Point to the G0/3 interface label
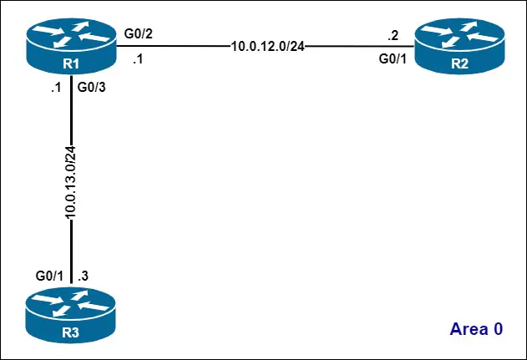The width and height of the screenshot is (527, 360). tap(91, 86)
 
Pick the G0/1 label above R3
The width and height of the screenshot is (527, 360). tap(50, 275)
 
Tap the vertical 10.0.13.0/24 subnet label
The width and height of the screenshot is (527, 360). tap(71, 184)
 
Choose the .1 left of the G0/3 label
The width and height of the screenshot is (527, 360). tap(55, 86)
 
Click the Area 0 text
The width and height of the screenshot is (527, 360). tap(476, 328)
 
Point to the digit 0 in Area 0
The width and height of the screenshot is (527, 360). tap(498, 328)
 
